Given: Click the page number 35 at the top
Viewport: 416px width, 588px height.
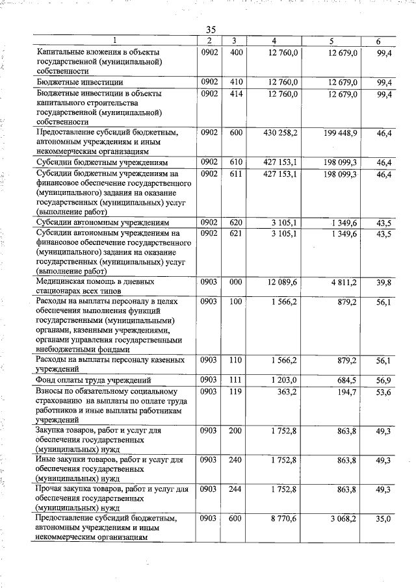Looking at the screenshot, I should (211, 29).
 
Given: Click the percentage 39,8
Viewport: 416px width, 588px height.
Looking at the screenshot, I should (383, 283).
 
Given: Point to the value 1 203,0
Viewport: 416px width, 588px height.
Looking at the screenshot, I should (284, 379).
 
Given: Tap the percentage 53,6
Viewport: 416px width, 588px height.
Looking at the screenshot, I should (383, 392).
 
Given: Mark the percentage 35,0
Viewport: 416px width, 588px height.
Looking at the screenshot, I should (383, 518).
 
